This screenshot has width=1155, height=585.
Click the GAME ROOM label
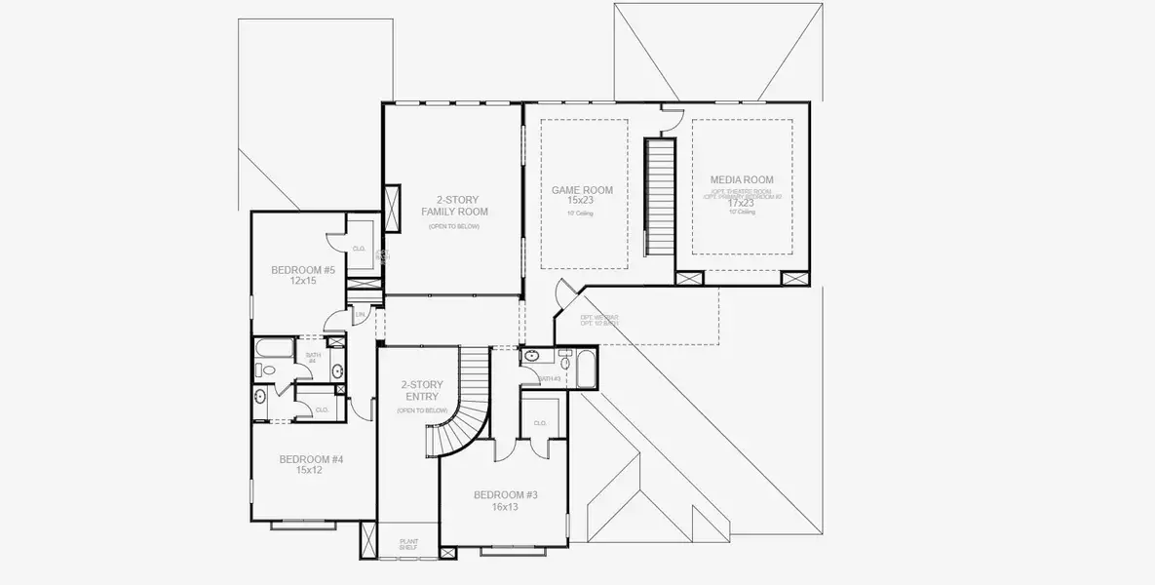point(582,190)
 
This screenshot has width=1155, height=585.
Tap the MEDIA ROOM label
point(742,179)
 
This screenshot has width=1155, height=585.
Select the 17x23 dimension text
point(742,203)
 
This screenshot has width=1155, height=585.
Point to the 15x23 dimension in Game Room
point(582,201)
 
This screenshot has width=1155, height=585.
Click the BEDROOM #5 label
point(302,270)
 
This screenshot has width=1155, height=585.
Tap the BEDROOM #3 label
point(505,495)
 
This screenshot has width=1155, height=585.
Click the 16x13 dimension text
point(505,507)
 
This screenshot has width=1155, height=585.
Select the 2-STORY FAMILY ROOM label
point(454,205)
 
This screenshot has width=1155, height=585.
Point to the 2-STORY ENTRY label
point(421,391)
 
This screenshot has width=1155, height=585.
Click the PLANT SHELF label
point(408,543)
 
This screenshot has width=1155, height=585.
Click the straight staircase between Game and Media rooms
point(662,195)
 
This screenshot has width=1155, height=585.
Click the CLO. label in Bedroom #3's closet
point(540,423)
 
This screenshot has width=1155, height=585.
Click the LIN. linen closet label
point(360,315)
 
